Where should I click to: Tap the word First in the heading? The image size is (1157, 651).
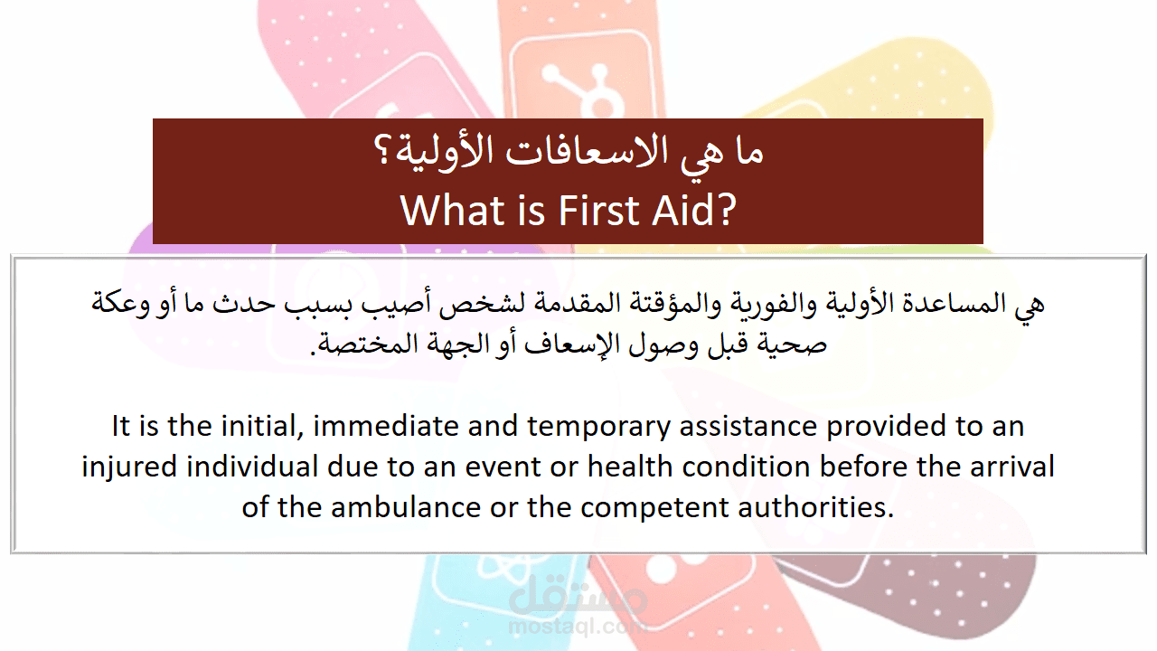click(x=599, y=211)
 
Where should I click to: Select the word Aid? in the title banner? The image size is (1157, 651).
click(x=693, y=211)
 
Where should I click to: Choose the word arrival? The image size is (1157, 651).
click(x=1011, y=466)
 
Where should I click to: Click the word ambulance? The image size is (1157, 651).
click(x=406, y=507)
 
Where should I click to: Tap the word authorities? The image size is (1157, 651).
click(x=815, y=507)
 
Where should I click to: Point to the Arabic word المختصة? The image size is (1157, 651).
click(x=357, y=343)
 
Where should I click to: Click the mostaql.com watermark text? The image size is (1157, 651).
click(x=577, y=627)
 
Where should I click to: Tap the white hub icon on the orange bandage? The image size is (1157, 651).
click(x=578, y=89)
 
